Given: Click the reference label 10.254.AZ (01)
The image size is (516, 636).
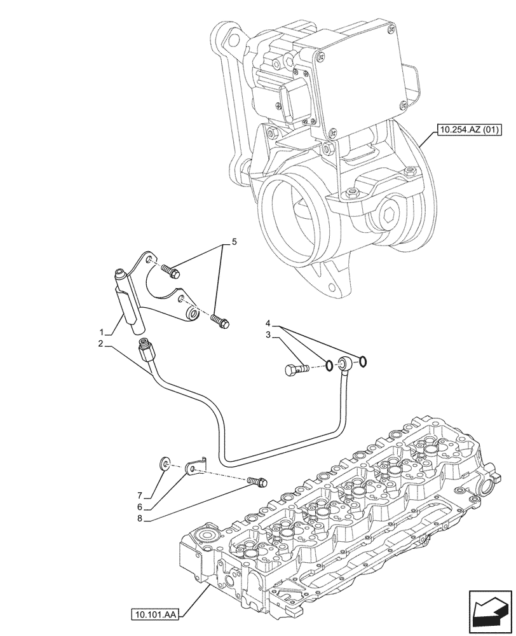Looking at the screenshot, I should click(x=468, y=132).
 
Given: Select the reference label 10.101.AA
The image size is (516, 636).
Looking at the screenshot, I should click(x=156, y=614).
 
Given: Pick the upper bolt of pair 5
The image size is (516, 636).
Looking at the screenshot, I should click(x=170, y=272).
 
